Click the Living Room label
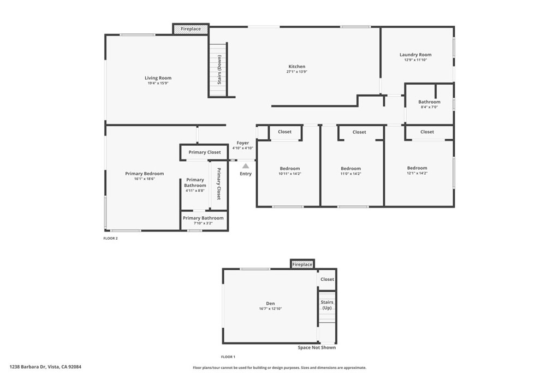coord(158,78)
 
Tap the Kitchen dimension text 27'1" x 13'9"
coord(297,72)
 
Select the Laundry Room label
coord(415,55)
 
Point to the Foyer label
coord(242,143)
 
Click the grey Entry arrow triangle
coord(246,166)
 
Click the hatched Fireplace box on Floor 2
coord(191,29)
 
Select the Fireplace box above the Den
coord(302,264)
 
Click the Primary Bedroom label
coord(144,174)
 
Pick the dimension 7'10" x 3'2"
coord(203,223)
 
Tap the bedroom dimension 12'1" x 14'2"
coord(417,173)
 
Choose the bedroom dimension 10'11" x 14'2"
coord(290,174)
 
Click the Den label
coord(271,304)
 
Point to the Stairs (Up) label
coord(326,305)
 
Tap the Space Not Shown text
coord(317,347)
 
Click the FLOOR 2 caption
coord(110,238)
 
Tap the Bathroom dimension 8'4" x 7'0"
coord(429,107)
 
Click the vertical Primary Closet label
coord(219,184)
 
